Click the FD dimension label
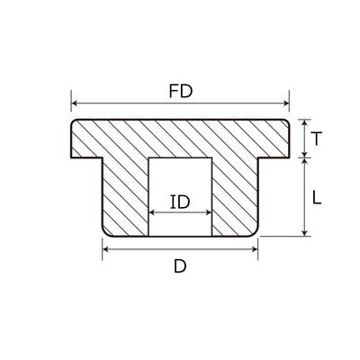(x=180, y=91)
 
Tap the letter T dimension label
(x=317, y=139)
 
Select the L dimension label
(x=317, y=198)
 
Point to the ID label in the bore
(x=180, y=202)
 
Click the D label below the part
(x=180, y=266)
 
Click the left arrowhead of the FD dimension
(x=75, y=103)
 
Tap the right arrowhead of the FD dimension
(x=285, y=103)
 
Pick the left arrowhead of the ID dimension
(x=151, y=212)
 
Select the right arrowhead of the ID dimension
(x=209, y=212)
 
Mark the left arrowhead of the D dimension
(x=105, y=249)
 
